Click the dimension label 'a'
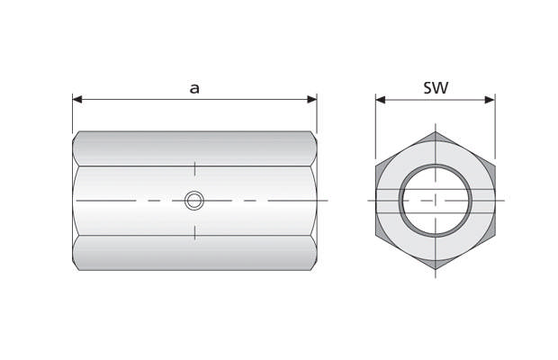pyautogui.click(x=194, y=87)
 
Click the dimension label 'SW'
pyautogui.click(x=436, y=87)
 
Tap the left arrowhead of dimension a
pyautogui.click(x=77, y=99)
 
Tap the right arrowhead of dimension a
pyautogui.click(x=311, y=99)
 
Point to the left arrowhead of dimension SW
pyautogui.click(x=381, y=99)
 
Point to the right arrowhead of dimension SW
pyautogui.click(x=490, y=99)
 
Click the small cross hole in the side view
pyautogui.click(x=193, y=200)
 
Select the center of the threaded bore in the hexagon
pyautogui.click(x=436, y=200)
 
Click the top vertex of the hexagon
pyautogui.click(x=436, y=131)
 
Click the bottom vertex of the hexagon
pyautogui.click(x=436, y=269)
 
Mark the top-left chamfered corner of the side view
pyautogui.click(x=76, y=135)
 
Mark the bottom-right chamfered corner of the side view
pyautogui.click(x=313, y=265)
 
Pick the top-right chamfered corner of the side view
pyautogui.click(x=313, y=135)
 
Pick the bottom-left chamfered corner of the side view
pyautogui.click(x=76, y=265)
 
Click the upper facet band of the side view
pyautogui.click(x=194, y=148)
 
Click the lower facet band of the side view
pyautogui.click(x=194, y=252)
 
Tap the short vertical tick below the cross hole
pyautogui.click(x=194, y=233)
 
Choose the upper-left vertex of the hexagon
pyautogui.click(x=376, y=166)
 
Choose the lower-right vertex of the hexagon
pyautogui.click(x=495, y=235)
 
